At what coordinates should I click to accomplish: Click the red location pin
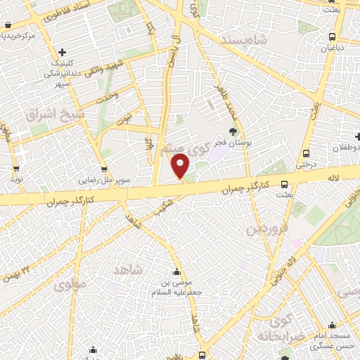(x=181, y=166)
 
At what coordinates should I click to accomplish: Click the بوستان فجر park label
(x=233, y=143)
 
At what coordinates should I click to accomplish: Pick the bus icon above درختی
(x=306, y=153)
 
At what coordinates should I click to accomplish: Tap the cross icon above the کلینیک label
(x=63, y=52)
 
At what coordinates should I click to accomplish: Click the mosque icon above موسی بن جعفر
(x=176, y=273)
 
